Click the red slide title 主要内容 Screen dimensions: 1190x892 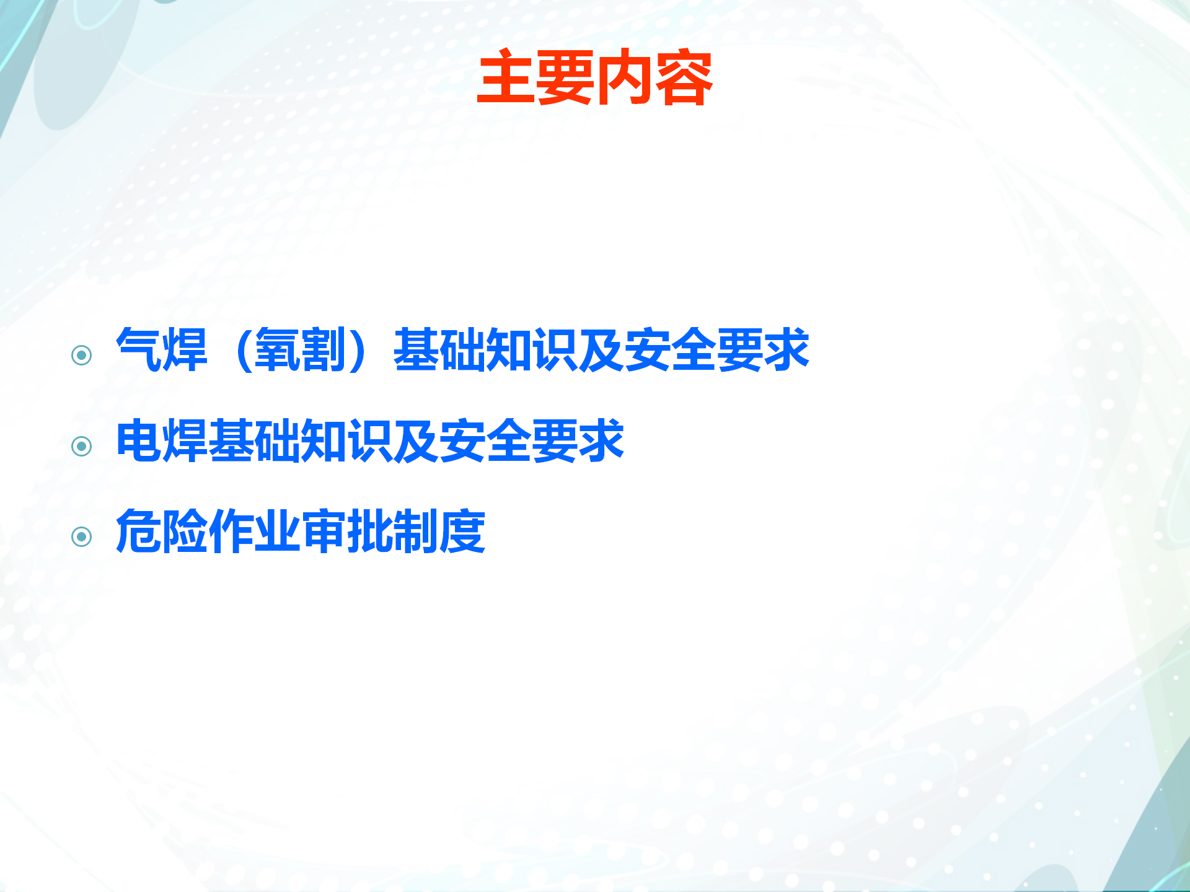595,77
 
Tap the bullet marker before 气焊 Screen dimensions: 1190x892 81,355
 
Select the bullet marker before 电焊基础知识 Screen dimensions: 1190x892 81,446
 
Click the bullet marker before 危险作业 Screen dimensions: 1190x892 81,536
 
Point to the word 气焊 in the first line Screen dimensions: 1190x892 162,350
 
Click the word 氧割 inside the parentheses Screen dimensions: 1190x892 300,350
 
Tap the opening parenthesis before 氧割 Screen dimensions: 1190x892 244,351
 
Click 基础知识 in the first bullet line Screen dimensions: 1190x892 486,350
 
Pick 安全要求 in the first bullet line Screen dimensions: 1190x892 717,350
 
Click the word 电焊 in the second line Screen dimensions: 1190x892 162,441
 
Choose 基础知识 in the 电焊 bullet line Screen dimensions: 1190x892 301,441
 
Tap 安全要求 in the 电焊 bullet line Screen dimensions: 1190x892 532,441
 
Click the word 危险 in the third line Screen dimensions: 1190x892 162,531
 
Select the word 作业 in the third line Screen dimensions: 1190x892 254,531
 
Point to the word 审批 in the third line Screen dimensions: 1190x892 346,531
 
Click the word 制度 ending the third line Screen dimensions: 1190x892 439,531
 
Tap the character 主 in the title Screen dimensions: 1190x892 506,77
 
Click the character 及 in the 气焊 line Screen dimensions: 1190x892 602,350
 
